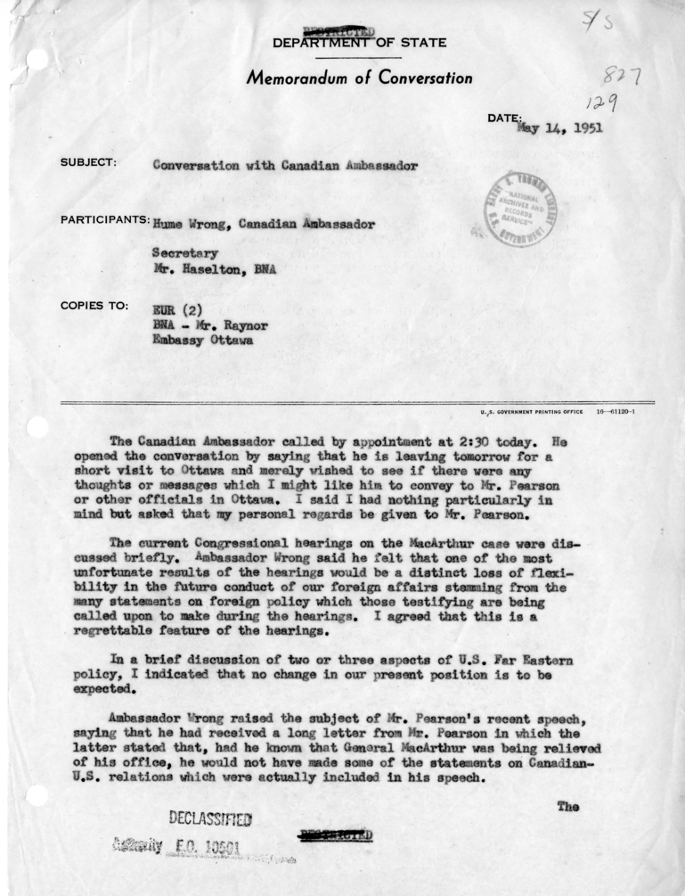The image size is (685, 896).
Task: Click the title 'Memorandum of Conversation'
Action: pyautogui.click(x=359, y=78)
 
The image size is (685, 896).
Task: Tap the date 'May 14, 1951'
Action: pyautogui.click(x=559, y=127)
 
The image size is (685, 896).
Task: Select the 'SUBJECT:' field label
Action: pyautogui.click(x=89, y=164)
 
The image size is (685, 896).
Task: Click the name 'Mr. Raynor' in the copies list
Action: pyautogui.click(x=231, y=325)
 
